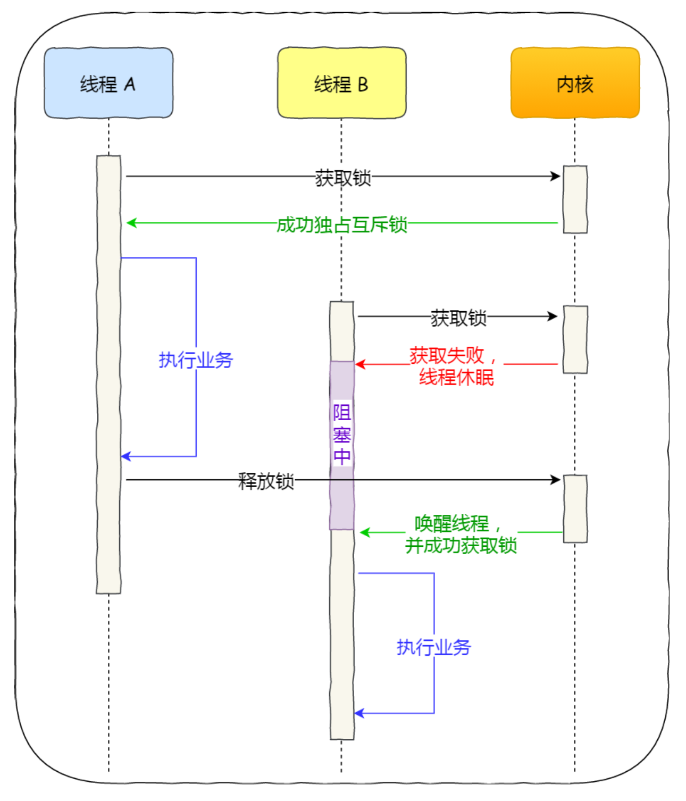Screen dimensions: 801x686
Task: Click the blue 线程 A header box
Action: pyautogui.click(x=108, y=83)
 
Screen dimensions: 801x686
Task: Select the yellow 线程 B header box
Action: pyautogui.click(x=341, y=83)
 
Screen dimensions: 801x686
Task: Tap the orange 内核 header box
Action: pyautogui.click(x=575, y=83)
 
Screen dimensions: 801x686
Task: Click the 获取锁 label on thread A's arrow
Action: pyautogui.click(x=342, y=178)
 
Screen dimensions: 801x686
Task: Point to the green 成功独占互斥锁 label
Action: pyautogui.click(x=341, y=224)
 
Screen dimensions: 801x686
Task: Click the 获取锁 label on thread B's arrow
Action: pyautogui.click(x=458, y=318)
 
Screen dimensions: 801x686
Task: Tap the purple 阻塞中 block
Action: pyautogui.click(x=342, y=445)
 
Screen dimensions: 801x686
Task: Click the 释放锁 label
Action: pyautogui.click(x=266, y=481)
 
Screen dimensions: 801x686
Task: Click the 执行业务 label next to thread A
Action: pyautogui.click(x=196, y=360)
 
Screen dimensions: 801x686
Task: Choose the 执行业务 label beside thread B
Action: pyautogui.click(x=433, y=647)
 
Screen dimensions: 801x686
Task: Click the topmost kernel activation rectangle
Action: pyautogui.click(x=575, y=199)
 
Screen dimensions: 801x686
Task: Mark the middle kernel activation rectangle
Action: pyautogui.click(x=575, y=339)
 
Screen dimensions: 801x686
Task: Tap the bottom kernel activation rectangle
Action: pyautogui.click(x=575, y=508)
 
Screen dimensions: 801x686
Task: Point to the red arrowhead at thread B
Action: pyautogui.click(x=360, y=364)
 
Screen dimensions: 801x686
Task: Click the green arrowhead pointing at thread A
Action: pyautogui.click(x=131, y=223)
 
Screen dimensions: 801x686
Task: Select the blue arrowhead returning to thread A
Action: pyautogui.click(x=126, y=456)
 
